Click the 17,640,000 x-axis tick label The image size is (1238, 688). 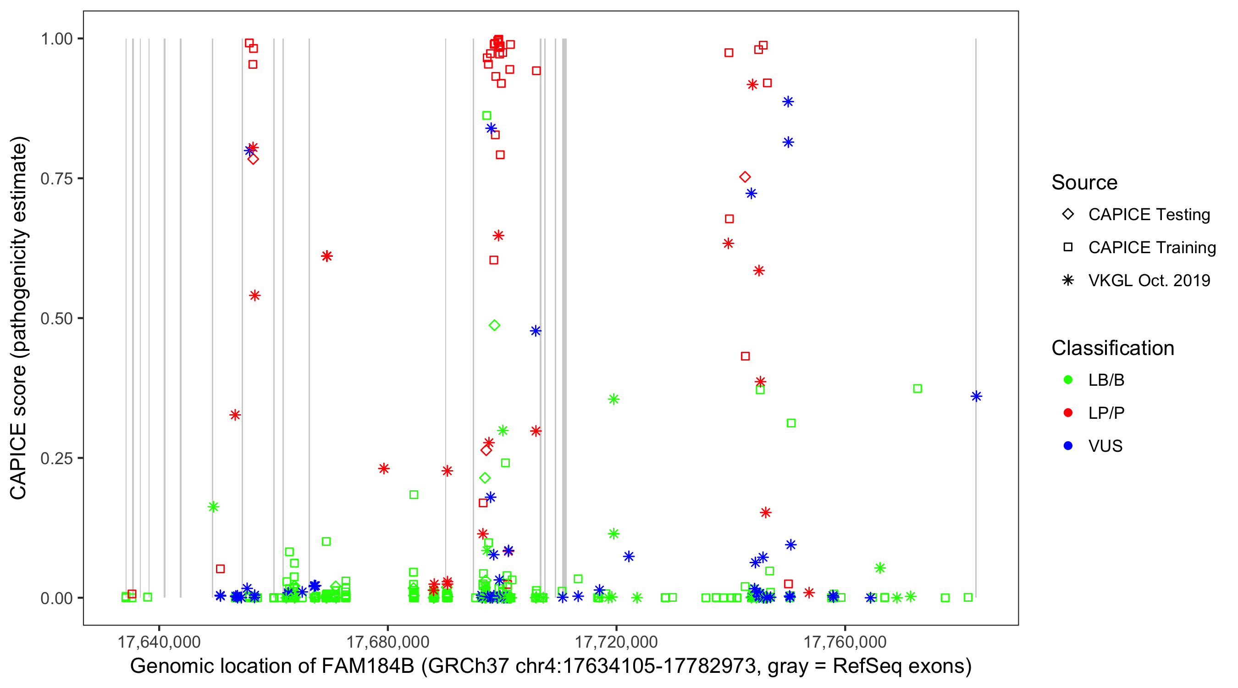159,642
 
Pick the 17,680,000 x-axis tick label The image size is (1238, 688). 388,642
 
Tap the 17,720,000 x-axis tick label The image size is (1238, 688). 616,642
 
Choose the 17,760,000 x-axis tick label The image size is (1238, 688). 845,642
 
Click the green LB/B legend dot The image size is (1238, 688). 1068,380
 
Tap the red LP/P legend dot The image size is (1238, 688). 1068,413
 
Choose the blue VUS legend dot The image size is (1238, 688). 1068,446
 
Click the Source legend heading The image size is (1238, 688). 1084,183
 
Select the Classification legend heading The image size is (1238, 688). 1112,348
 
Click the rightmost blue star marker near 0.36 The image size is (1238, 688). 976,397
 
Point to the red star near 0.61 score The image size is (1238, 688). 327,256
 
